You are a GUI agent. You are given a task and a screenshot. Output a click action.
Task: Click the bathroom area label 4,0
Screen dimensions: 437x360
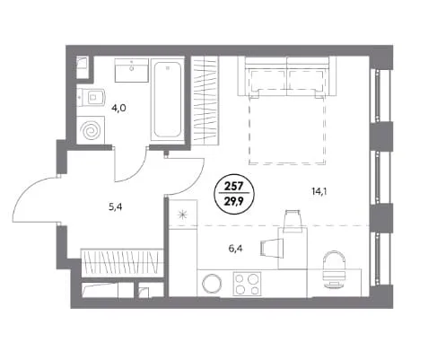118,108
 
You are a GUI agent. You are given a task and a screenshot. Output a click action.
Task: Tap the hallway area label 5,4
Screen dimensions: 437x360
116,206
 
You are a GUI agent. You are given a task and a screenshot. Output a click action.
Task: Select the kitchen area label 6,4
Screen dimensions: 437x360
236,248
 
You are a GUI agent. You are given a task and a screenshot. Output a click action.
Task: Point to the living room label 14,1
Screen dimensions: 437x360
319,191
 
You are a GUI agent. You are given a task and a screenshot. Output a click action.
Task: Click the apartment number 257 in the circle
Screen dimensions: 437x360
234,187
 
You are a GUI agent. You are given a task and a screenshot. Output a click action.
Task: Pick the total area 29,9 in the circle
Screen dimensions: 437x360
234,199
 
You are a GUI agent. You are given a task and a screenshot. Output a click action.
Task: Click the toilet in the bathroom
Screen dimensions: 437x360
91,96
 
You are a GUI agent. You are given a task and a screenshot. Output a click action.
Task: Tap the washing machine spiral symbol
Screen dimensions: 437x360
91,131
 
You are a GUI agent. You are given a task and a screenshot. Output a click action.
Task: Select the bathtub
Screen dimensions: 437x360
168,99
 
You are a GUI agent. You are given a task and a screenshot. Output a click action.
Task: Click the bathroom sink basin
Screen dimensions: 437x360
132,70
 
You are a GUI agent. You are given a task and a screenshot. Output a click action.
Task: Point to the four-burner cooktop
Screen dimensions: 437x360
247,284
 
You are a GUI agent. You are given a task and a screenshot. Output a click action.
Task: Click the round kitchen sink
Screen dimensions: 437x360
212,284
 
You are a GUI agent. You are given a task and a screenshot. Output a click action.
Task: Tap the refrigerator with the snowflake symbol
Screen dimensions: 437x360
183,215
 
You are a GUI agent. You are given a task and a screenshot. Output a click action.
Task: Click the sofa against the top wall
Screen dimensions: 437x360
287,76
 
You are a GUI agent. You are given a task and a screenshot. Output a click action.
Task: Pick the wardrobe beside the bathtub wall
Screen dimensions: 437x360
205,101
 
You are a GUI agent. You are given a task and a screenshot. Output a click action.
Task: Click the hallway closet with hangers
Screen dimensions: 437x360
122,262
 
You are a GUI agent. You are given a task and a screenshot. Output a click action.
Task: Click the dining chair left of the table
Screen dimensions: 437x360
272,248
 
